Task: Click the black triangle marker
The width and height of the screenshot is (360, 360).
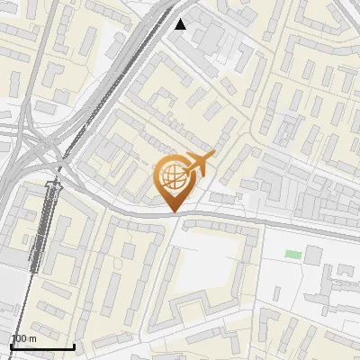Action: [180, 24]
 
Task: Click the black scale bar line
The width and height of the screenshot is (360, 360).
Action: [41, 346]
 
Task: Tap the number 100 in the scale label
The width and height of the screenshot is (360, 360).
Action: [18, 338]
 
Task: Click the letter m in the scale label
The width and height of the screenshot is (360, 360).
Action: [32, 338]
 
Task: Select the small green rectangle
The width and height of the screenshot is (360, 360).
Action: [293, 255]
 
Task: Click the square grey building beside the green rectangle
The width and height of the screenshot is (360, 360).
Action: [312, 255]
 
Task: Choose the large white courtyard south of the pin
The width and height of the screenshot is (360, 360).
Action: [207, 270]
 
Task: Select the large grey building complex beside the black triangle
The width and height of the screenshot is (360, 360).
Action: [207, 36]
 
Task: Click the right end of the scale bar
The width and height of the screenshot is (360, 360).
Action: [74, 346]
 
